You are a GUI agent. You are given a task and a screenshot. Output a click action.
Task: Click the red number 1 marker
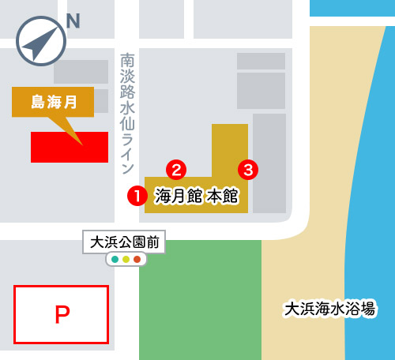[137, 196]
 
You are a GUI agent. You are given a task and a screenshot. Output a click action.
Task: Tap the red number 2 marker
[177, 169]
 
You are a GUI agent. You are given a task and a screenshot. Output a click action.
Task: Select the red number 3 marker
[248, 169]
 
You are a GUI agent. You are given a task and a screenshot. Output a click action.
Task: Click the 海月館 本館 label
[196, 196]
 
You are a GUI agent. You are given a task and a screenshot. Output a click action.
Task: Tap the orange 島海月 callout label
[53, 102]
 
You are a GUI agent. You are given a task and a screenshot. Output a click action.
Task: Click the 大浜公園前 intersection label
[125, 242]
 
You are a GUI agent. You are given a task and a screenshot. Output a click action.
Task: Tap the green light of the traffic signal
[115, 259]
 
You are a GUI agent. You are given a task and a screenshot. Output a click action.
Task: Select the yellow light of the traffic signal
[126, 259]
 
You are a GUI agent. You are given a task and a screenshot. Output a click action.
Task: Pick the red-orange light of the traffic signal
[137, 259]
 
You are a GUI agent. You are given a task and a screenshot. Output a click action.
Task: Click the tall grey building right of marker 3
[269, 162]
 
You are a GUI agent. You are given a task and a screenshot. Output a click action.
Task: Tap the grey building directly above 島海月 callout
[81, 72]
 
